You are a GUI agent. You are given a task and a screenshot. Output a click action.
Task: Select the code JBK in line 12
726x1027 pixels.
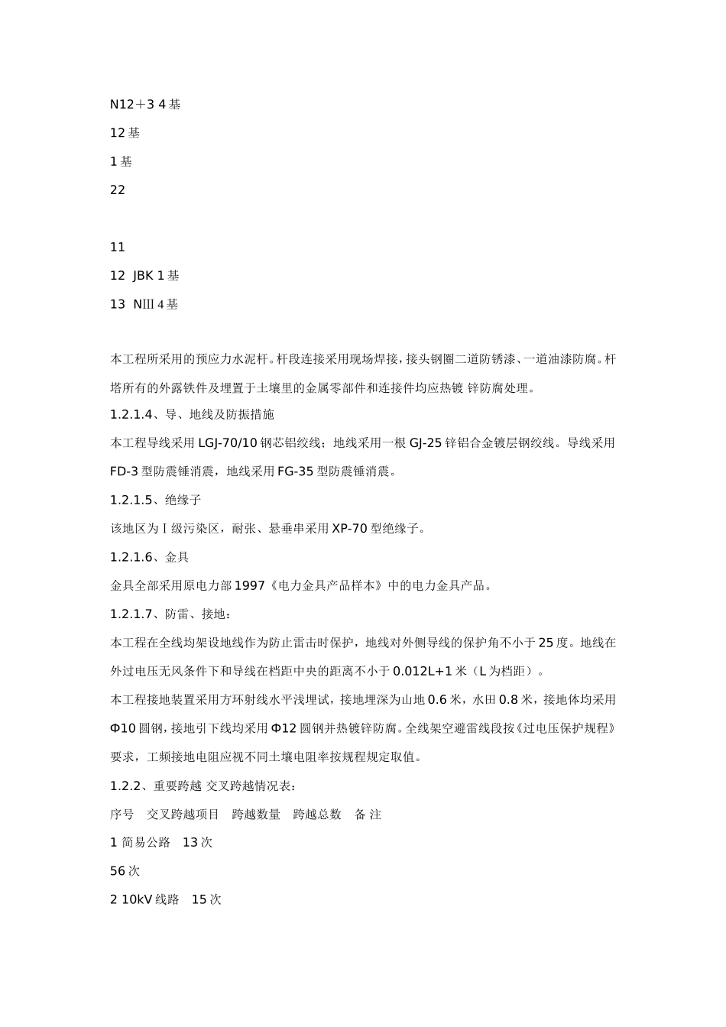[x=143, y=275]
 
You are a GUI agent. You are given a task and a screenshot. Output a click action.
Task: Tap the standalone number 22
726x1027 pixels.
[x=118, y=190]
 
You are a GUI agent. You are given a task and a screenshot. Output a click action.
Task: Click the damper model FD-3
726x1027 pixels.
[x=124, y=471]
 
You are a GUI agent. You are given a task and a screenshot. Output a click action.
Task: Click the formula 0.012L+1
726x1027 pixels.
[x=422, y=672]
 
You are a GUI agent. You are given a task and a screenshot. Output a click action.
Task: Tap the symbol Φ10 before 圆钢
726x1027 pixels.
[x=124, y=728]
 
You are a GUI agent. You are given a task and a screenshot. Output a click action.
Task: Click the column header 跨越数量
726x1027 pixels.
[x=256, y=815]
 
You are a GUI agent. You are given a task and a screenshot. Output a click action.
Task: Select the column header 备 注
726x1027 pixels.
[x=368, y=815]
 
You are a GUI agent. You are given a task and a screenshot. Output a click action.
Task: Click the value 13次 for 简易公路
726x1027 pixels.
[x=197, y=842]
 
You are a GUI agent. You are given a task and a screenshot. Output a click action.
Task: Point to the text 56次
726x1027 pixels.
[x=125, y=871]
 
